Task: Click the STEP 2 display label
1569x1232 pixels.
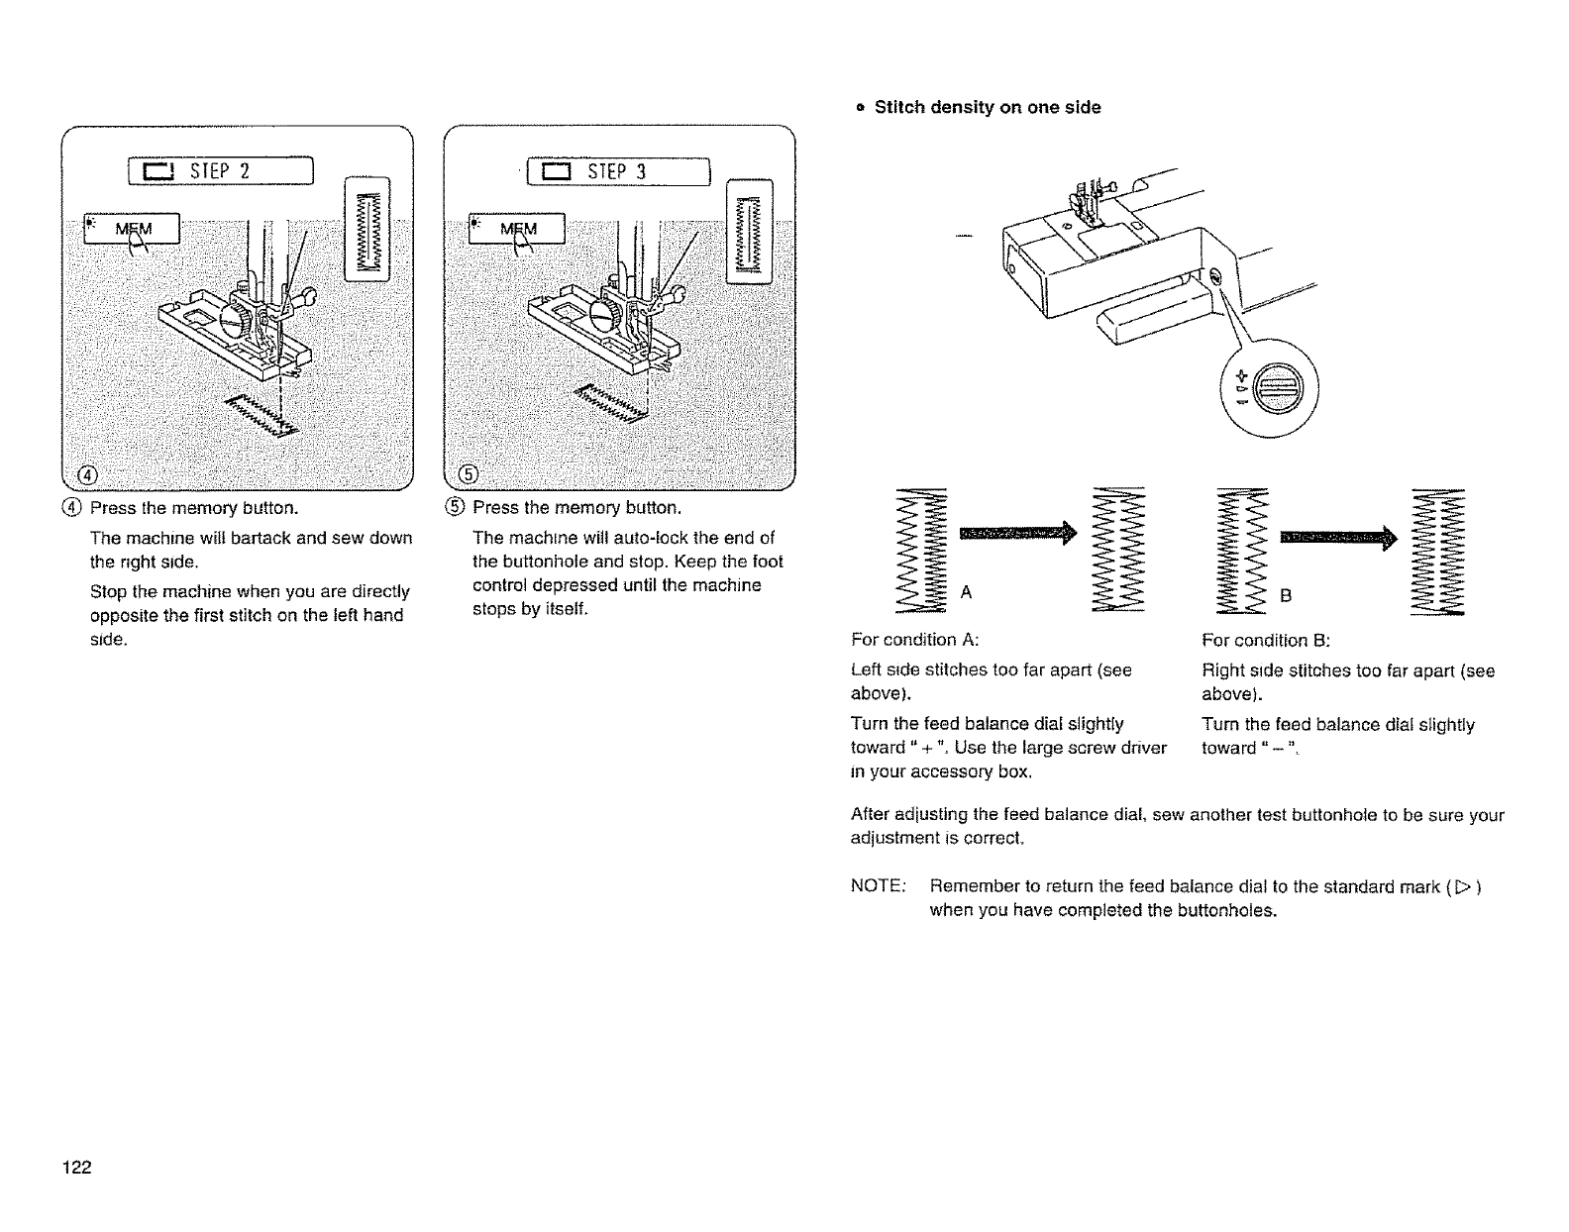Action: [221, 171]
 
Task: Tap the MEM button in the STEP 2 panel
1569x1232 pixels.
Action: [133, 229]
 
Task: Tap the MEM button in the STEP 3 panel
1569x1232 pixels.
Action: [517, 229]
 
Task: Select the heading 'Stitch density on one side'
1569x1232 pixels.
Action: [987, 107]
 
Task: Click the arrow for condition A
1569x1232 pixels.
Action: [1015, 536]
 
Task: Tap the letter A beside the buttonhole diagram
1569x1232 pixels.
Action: [967, 592]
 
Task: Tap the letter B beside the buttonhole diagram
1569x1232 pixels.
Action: [1286, 596]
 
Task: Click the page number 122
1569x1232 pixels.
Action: [76, 1168]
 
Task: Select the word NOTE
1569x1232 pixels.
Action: [874, 886]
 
